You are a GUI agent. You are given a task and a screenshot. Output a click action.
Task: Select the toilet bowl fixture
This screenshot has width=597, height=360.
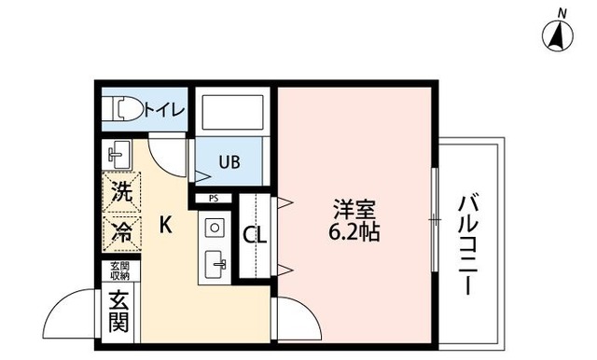coord(126,110)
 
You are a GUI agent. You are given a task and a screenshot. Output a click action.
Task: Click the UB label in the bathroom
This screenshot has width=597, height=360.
coord(229,161)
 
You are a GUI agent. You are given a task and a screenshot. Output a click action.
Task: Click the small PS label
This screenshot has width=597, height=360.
coord(214,198)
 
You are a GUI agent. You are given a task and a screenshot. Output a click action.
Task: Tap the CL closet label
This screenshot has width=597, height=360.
coord(255,235)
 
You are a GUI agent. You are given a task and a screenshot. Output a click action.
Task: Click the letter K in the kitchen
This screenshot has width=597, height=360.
coord(165,225)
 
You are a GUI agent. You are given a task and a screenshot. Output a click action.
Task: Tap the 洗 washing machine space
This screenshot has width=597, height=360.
coord(121,193)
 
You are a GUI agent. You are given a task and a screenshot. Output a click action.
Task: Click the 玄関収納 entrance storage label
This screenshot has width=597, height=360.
coord(119,270)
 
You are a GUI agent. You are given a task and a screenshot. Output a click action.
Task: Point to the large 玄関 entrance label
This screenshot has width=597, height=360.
coord(119,312)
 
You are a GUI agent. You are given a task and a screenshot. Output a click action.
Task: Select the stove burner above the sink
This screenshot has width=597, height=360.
coord(215,228)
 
